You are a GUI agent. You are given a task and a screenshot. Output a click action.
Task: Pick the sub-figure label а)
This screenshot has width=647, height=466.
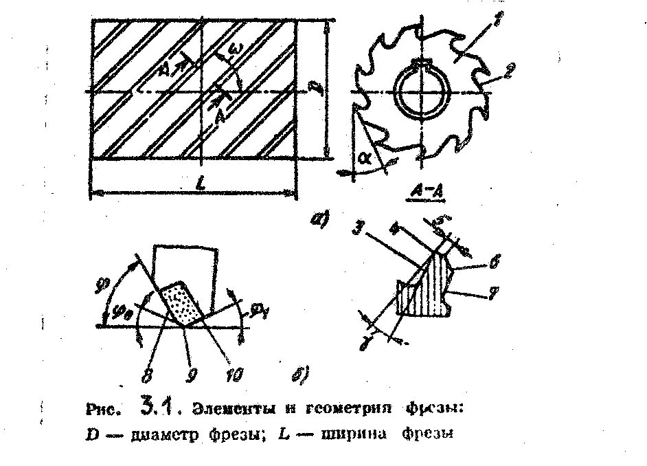(319, 221)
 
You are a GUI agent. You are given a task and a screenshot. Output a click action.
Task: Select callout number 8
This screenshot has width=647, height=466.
(146, 375)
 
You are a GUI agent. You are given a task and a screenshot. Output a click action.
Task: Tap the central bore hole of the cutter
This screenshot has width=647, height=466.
(420, 94)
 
